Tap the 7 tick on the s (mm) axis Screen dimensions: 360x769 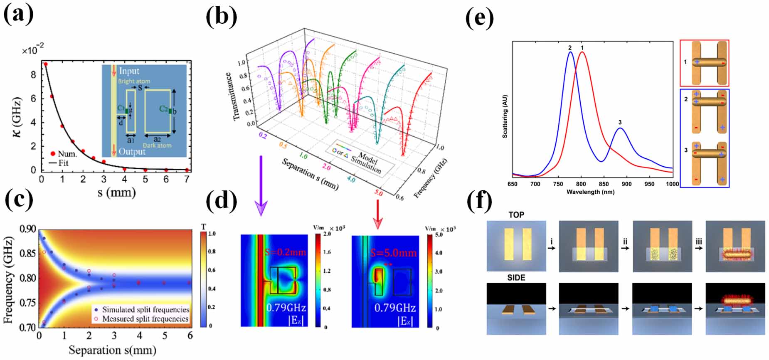tap(187, 179)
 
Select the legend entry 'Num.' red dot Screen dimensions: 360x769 tap(53, 154)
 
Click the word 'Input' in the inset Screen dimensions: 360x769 tap(129, 71)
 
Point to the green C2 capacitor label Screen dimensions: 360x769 tap(163, 109)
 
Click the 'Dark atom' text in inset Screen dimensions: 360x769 tap(157, 145)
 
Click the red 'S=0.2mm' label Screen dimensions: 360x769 tap(285, 252)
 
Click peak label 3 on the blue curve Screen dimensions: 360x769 tap(620, 122)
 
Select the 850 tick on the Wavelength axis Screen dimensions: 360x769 tap(604, 184)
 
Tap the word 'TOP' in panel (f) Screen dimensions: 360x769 tap(516, 215)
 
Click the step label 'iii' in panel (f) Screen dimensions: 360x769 tap(699, 242)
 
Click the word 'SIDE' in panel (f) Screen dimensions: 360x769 tap(516, 278)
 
